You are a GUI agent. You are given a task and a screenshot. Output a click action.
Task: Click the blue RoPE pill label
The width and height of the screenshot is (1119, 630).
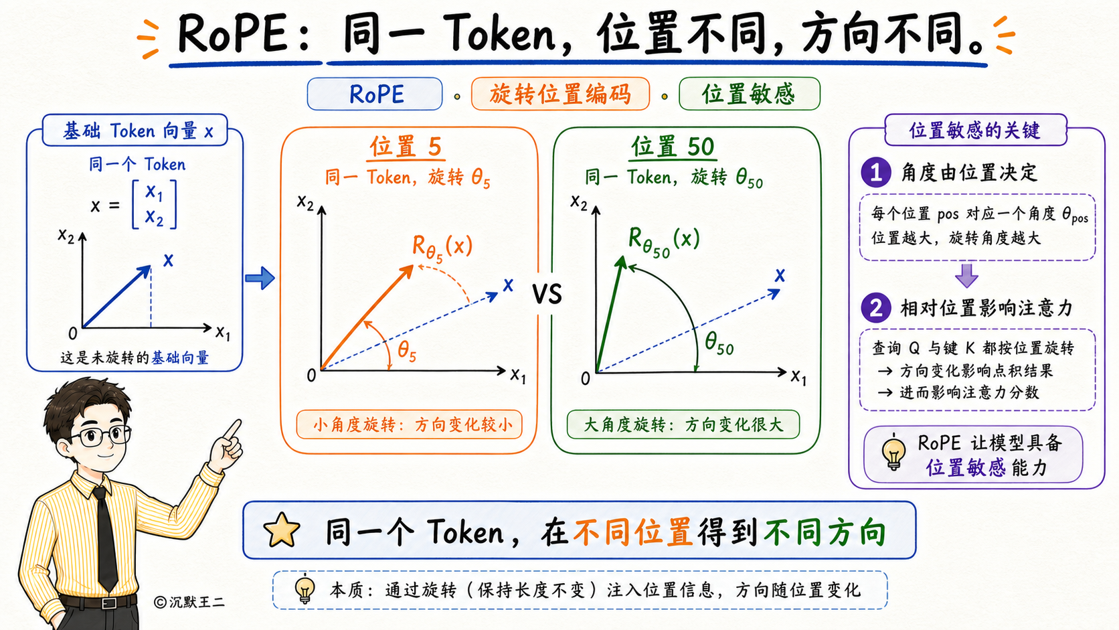click(375, 94)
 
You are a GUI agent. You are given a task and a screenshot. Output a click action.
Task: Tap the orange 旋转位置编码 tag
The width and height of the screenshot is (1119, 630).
click(560, 94)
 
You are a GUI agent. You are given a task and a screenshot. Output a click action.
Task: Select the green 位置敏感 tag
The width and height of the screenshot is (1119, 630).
click(750, 94)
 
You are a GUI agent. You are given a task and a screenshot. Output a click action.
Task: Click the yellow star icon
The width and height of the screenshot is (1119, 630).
click(282, 530)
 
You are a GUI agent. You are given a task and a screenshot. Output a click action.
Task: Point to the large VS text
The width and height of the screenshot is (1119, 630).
click(547, 295)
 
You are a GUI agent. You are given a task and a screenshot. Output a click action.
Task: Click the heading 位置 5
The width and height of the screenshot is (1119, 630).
click(406, 147)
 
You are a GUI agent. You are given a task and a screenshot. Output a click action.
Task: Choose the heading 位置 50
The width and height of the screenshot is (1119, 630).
click(673, 147)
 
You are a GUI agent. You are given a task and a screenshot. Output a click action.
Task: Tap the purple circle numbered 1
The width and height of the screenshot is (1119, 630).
click(875, 172)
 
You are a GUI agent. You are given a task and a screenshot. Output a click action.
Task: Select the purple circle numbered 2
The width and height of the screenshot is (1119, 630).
click(875, 308)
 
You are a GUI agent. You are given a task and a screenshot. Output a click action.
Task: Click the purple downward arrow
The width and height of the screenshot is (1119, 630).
click(966, 275)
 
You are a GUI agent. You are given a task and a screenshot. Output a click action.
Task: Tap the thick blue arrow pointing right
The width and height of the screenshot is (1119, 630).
click(260, 278)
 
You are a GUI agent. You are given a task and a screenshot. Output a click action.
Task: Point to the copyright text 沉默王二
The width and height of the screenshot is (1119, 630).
click(190, 602)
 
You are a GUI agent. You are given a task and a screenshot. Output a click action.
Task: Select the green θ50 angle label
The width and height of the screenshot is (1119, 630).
click(719, 343)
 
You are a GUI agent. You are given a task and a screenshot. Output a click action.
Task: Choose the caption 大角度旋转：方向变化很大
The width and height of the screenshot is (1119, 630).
click(683, 425)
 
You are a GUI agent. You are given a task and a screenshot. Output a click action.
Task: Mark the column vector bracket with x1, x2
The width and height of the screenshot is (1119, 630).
click(155, 205)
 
